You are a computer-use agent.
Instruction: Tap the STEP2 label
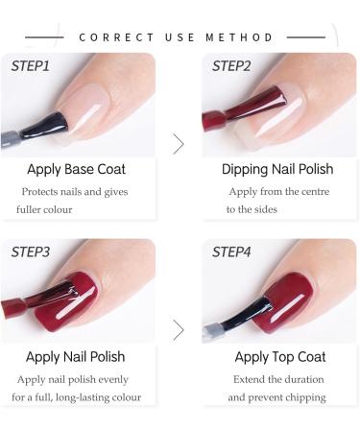[x=231, y=66]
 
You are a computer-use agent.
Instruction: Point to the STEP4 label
[x=231, y=252]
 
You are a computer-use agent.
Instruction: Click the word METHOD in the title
[x=239, y=37]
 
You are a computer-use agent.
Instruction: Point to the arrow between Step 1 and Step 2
[x=178, y=144]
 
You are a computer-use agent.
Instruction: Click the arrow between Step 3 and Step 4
[x=178, y=330]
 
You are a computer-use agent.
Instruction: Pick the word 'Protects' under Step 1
[x=44, y=191]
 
